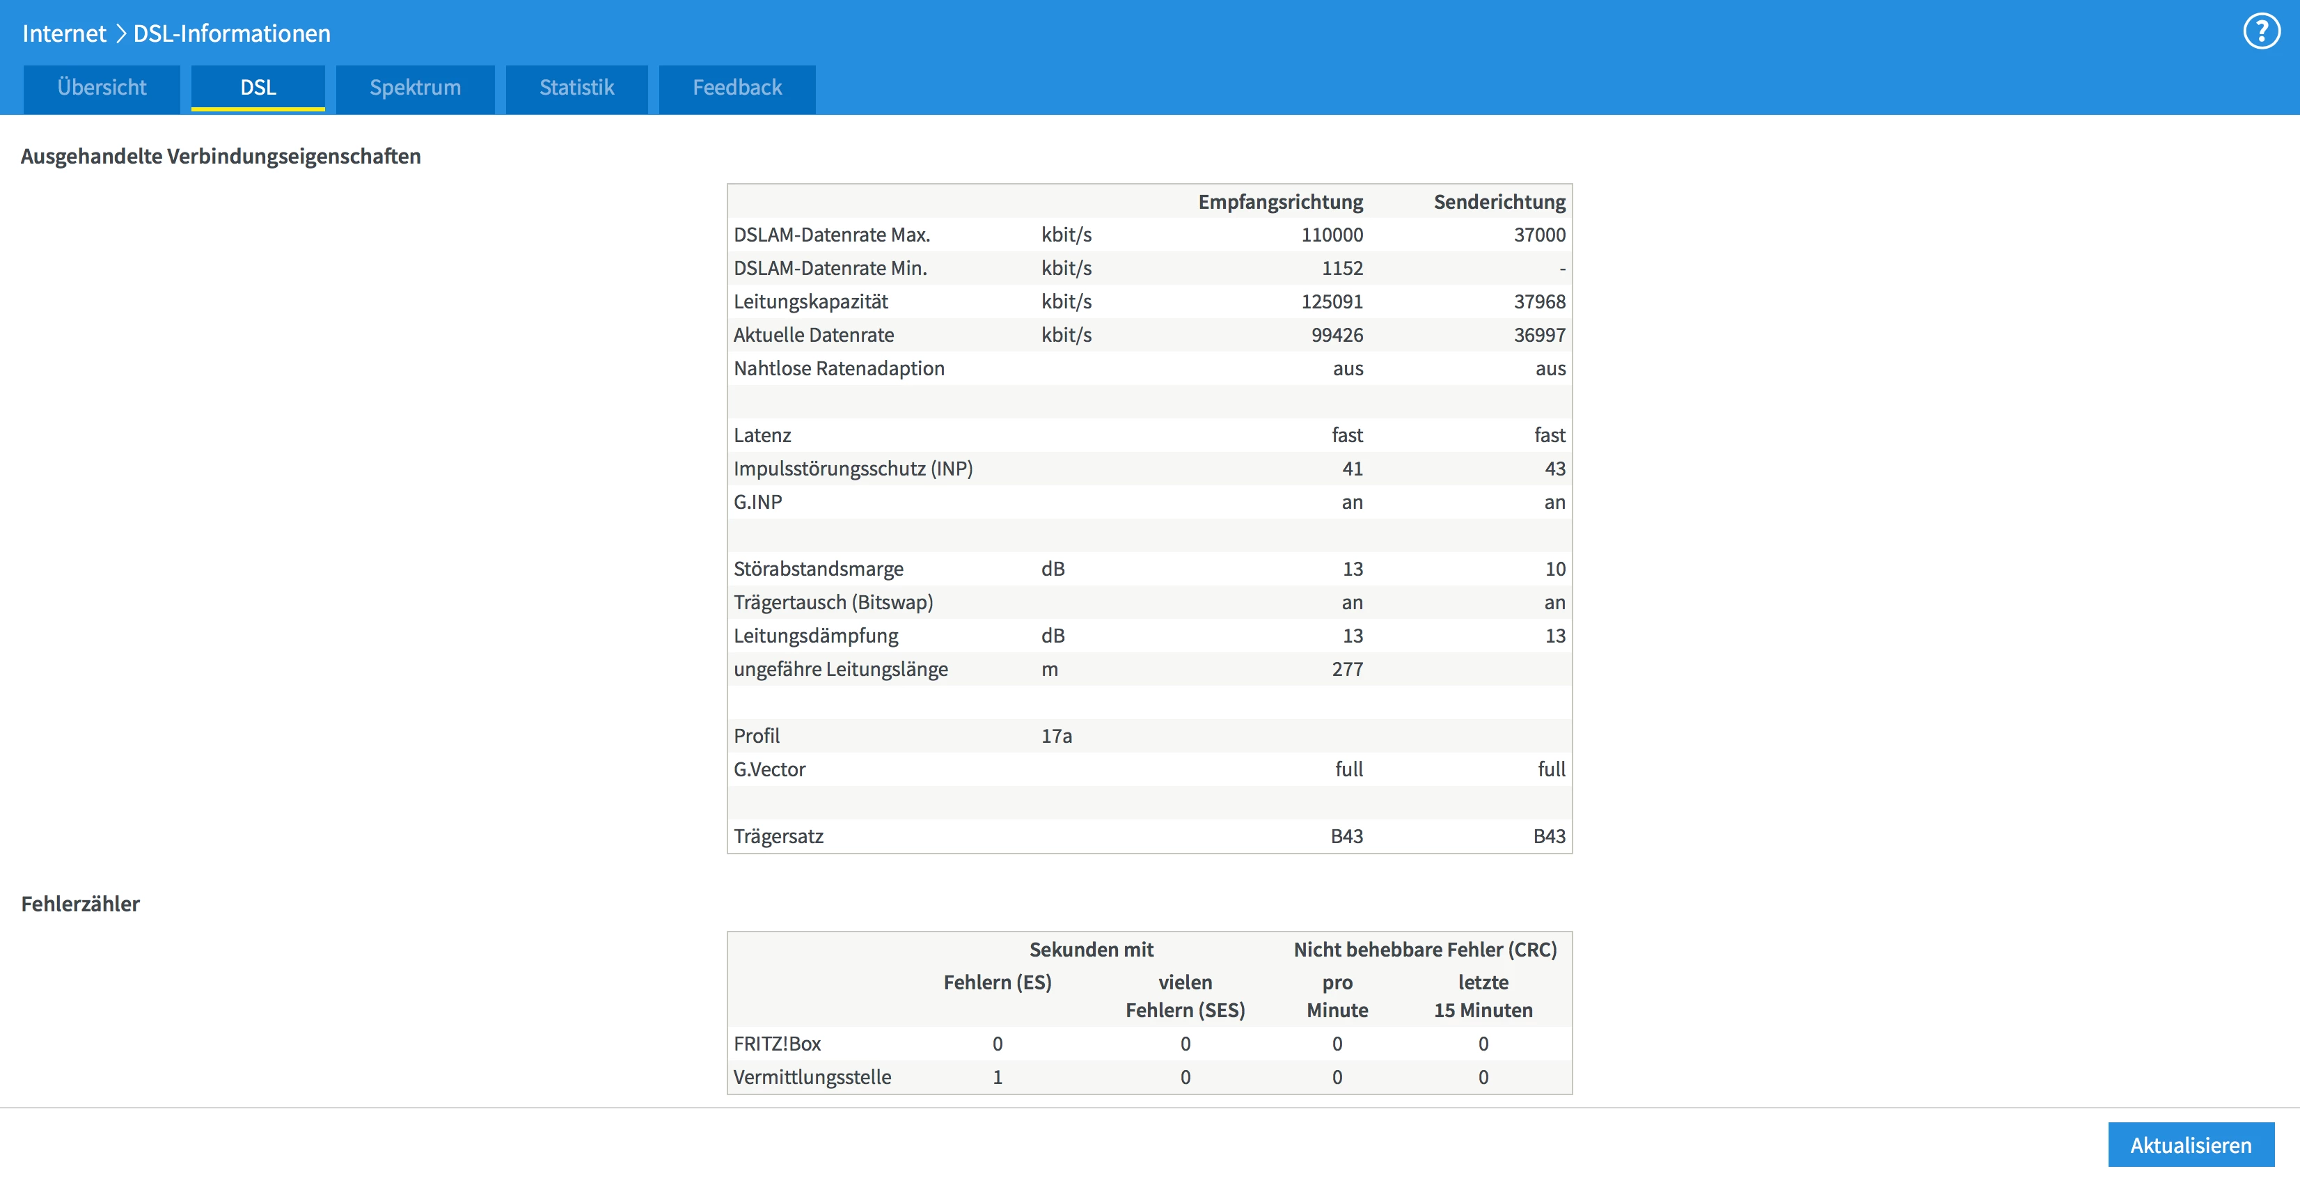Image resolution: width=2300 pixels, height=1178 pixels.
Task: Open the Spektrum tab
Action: point(415,88)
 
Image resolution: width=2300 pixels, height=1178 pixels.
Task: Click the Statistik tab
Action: point(577,88)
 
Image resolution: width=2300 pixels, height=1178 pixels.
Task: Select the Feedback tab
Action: point(737,88)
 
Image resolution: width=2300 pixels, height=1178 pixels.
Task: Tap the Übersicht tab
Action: point(102,88)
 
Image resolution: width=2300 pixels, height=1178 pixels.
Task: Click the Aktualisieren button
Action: point(2190,1145)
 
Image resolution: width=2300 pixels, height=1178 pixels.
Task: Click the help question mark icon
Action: point(2262,32)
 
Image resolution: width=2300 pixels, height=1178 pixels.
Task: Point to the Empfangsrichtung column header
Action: point(1279,202)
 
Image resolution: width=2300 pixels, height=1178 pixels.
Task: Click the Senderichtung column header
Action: point(1499,202)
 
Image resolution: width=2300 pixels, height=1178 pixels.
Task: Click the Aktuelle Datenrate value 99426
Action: point(1337,335)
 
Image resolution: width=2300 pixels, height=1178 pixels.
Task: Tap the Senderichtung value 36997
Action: point(1539,335)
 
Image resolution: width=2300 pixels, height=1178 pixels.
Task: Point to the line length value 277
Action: point(1347,669)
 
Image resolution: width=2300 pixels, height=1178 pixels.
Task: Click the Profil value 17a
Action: point(1056,736)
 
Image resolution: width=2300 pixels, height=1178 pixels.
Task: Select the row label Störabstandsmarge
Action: point(818,569)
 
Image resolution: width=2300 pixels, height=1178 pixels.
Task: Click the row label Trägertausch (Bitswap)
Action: point(833,603)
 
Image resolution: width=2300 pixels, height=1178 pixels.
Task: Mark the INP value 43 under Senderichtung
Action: point(1554,469)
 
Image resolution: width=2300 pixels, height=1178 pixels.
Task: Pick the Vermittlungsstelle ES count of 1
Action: point(998,1077)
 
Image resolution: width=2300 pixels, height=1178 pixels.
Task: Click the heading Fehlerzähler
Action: point(80,904)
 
